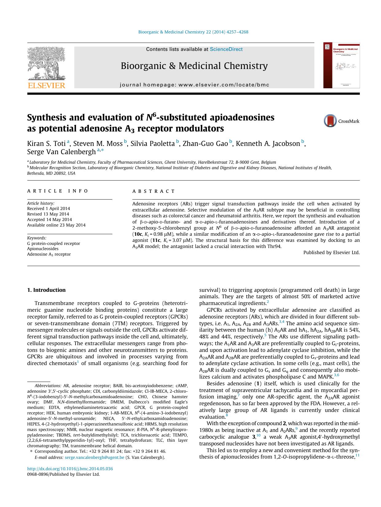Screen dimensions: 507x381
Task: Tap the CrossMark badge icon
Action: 330,121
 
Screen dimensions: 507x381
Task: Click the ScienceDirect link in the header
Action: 226,49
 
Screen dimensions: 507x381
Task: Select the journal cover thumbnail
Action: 341,66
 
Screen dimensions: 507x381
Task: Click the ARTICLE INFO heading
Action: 58,191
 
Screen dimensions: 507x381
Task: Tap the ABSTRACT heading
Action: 154,191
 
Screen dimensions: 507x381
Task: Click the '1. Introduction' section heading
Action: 46,290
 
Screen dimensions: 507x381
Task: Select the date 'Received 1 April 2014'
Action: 49,209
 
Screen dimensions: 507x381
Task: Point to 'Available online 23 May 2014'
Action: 56,225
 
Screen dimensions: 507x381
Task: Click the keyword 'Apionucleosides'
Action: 43,249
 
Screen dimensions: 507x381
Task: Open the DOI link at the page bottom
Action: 70,469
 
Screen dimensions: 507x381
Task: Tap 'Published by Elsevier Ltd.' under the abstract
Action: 331,253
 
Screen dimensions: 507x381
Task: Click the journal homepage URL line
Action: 194,85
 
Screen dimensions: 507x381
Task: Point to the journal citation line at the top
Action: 193,32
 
